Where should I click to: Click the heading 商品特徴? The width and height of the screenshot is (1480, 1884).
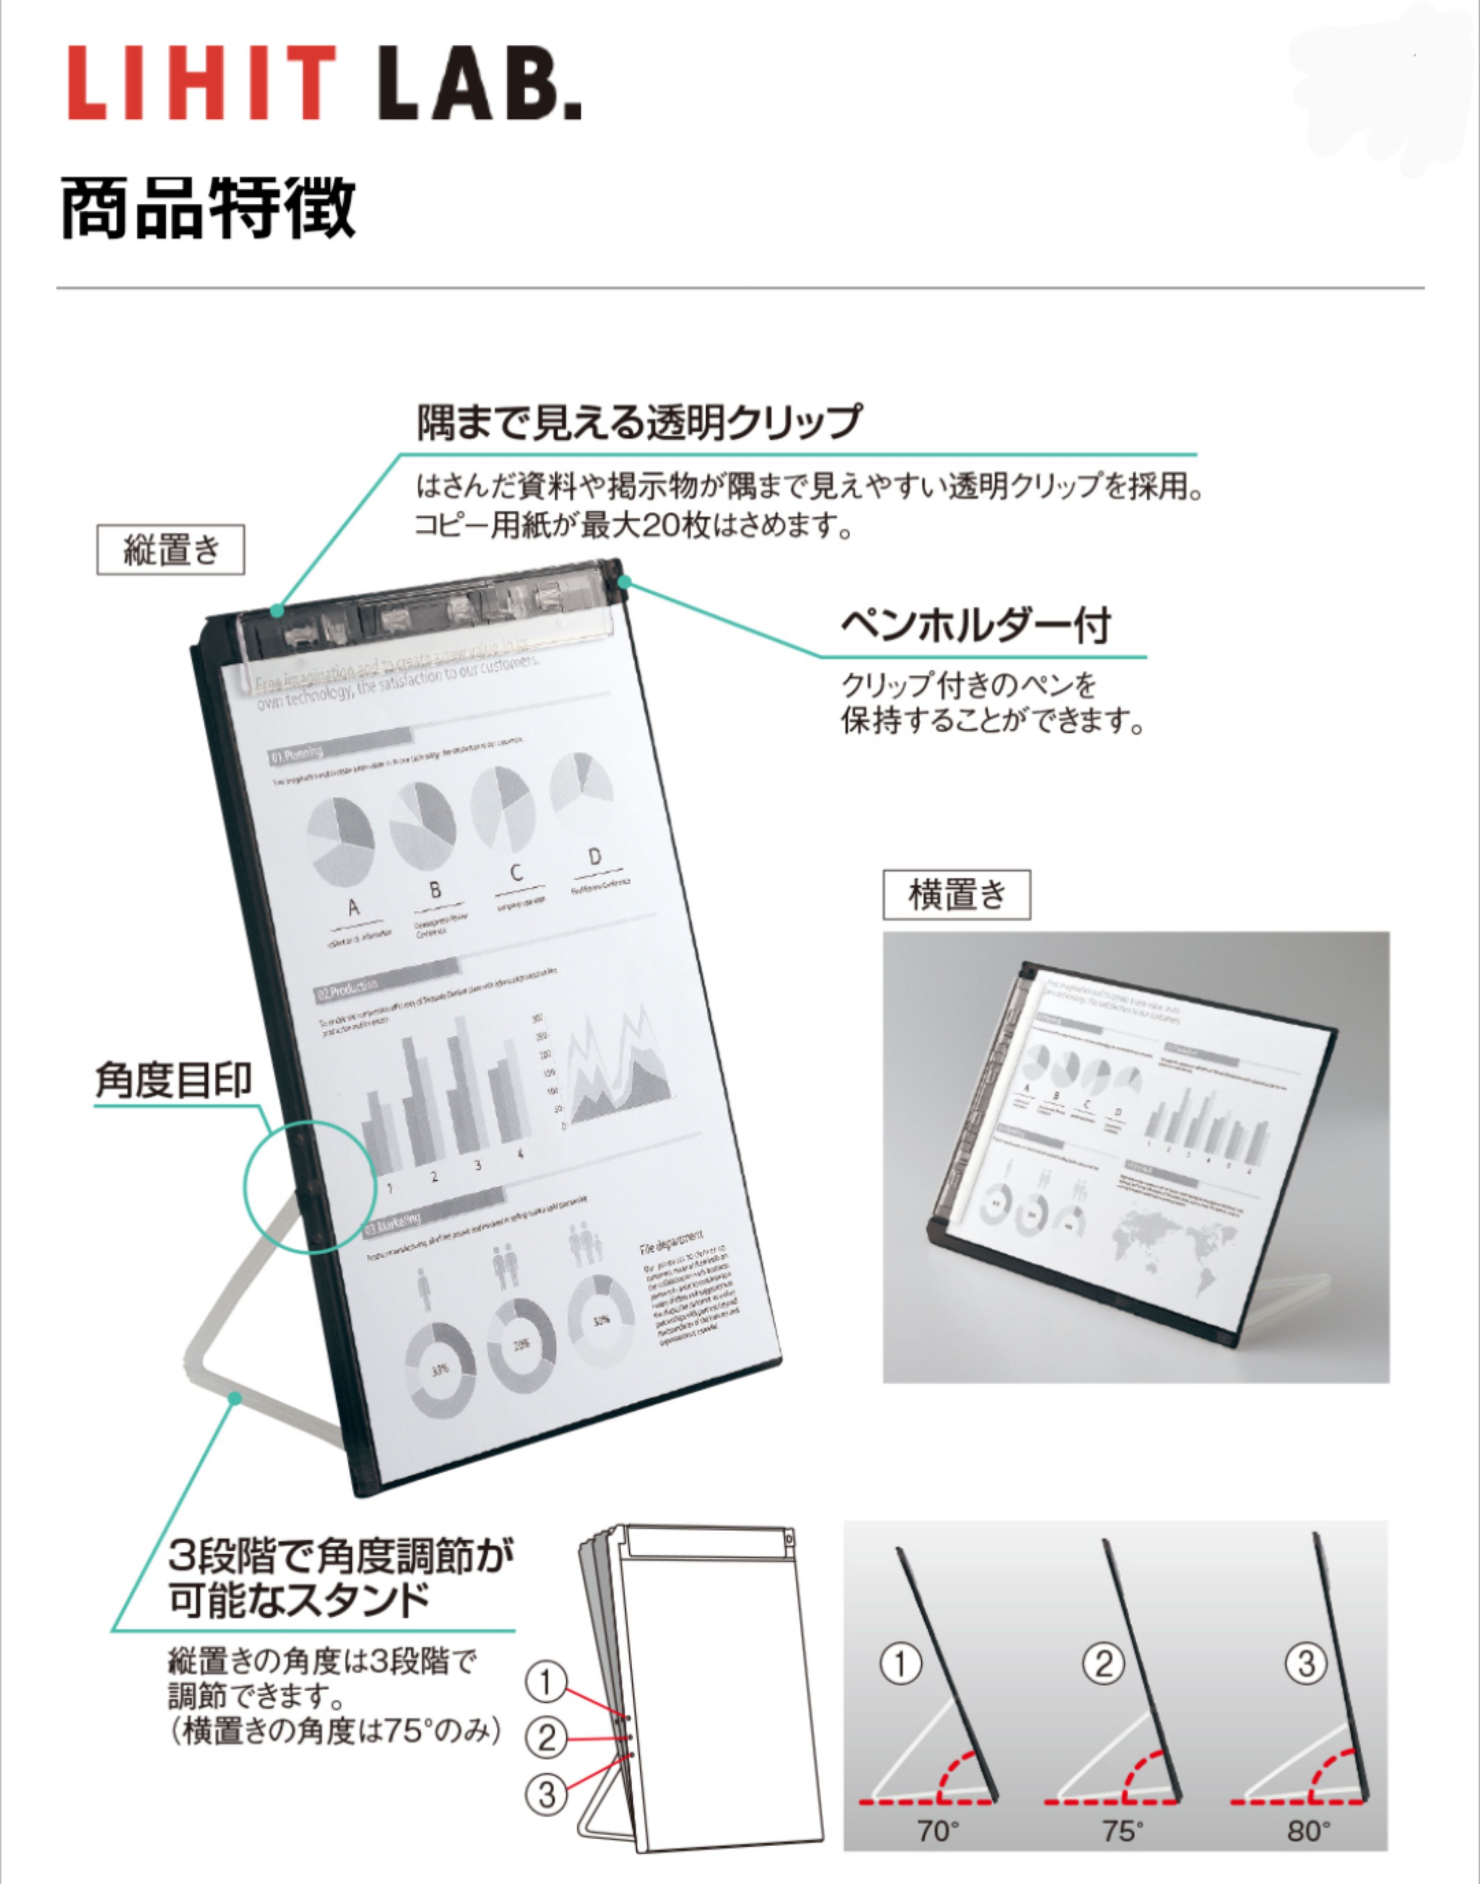pyautogui.click(x=208, y=208)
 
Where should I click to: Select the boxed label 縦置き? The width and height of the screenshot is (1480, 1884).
pyautogui.click(x=171, y=549)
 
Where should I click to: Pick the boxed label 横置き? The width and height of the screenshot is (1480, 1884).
pyautogui.click(x=956, y=894)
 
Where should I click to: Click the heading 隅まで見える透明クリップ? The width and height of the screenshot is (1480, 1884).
pyautogui.click(x=639, y=422)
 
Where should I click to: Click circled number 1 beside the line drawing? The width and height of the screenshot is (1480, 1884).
pyautogui.click(x=546, y=1682)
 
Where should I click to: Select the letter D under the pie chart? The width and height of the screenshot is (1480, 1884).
pyautogui.click(x=594, y=857)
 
